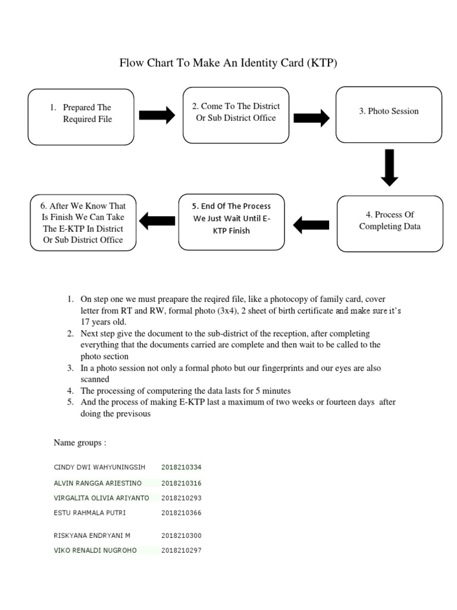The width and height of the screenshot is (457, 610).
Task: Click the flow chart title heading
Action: [228, 63]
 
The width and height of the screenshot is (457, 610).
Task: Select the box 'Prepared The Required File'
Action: [82, 117]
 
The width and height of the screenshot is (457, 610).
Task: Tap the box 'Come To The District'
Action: [236, 115]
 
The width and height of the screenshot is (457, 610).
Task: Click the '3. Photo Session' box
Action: [389, 114]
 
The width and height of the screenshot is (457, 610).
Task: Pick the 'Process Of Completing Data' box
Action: [389, 223]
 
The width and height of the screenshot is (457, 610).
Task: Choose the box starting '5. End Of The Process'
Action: [231, 222]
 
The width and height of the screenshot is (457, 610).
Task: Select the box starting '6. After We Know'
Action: [83, 223]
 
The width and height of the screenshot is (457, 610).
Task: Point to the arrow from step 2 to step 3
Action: [311, 117]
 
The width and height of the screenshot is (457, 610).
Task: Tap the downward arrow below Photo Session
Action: [390, 169]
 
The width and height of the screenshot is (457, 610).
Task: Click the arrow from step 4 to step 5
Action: [311, 224]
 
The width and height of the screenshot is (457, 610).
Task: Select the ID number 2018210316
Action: [181, 483]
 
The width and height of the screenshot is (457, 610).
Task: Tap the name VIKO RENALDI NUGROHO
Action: [95, 550]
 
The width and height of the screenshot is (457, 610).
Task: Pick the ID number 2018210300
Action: [181, 536]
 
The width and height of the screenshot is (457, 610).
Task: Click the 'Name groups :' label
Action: [80, 443]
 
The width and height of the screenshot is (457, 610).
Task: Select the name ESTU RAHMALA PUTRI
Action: [89, 512]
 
